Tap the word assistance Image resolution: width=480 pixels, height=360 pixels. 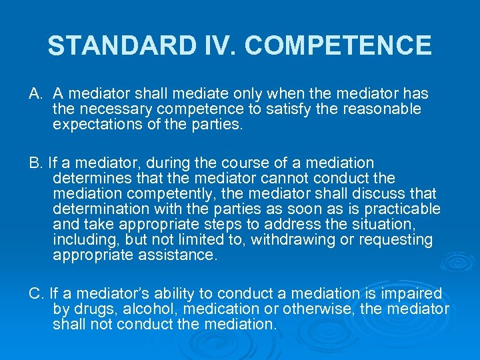tap(181, 255)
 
